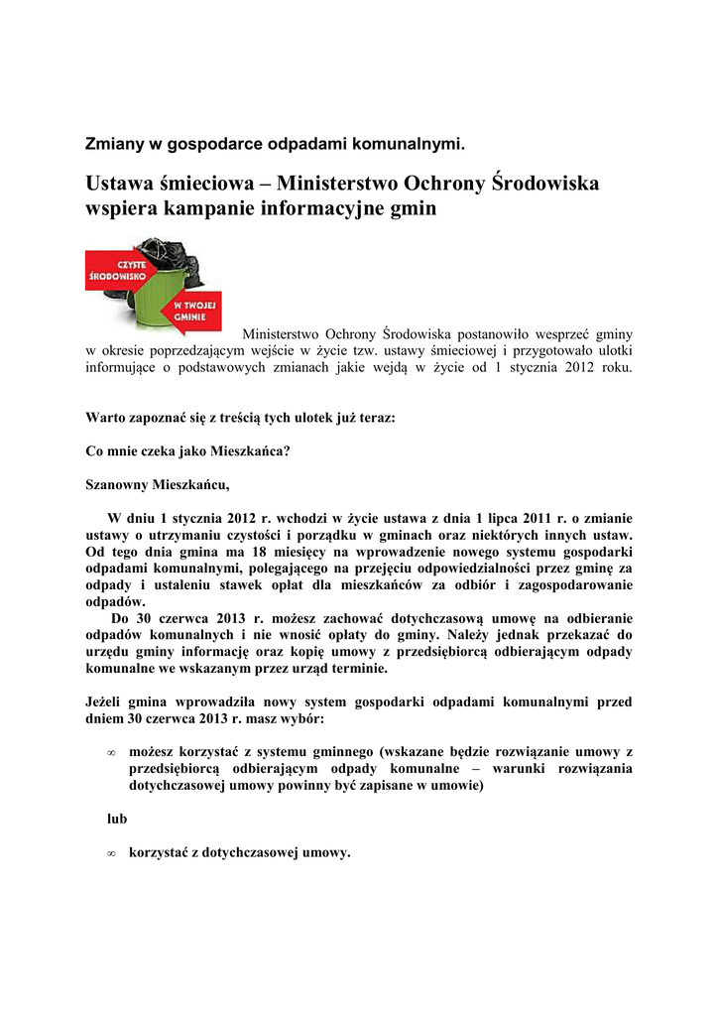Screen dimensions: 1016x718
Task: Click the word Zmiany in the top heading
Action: [x=113, y=144]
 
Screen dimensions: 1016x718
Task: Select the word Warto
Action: [x=107, y=418]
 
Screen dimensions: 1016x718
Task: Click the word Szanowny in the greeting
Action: [x=117, y=485]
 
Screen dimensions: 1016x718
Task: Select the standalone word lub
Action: [x=117, y=820]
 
